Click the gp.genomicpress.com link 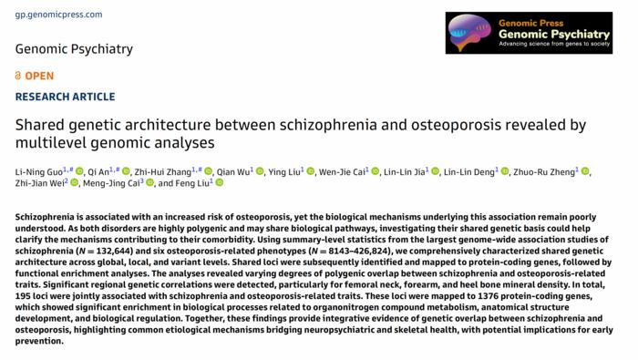click(46, 15)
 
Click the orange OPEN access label click(35, 75)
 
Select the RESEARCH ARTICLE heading click(65, 97)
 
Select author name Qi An click(99, 170)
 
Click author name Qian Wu click(233, 170)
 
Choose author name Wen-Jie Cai click(342, 170)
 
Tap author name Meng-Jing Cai click(110, 183)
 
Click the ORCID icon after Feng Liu click(220, 183)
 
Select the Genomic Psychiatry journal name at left click(74, 49)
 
